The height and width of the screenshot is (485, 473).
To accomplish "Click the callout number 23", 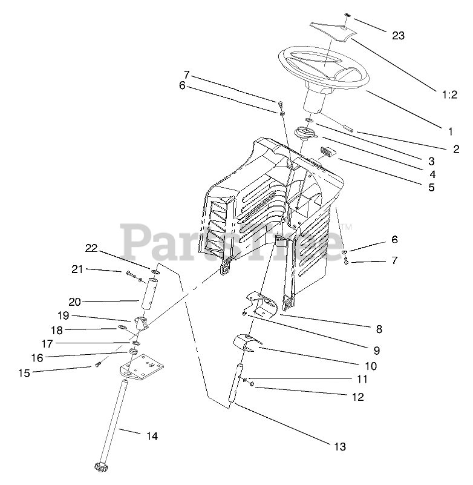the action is (397, 36).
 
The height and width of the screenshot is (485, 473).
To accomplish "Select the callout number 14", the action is (152, 435).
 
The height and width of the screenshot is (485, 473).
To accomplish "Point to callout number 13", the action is (339, 447).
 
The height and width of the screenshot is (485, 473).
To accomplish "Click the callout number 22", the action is (91, 248).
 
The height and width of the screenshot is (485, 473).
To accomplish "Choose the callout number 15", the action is (24, 373).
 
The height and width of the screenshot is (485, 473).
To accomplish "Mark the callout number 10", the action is (371, 366).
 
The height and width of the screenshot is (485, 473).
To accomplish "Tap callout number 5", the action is (431, 187).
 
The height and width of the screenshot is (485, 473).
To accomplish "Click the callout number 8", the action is (379, 329).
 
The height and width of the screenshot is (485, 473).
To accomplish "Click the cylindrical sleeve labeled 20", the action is (148, 294).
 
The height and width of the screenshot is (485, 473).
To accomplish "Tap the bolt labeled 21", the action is (133, 277).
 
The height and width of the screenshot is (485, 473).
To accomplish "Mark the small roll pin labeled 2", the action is (347, 128).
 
